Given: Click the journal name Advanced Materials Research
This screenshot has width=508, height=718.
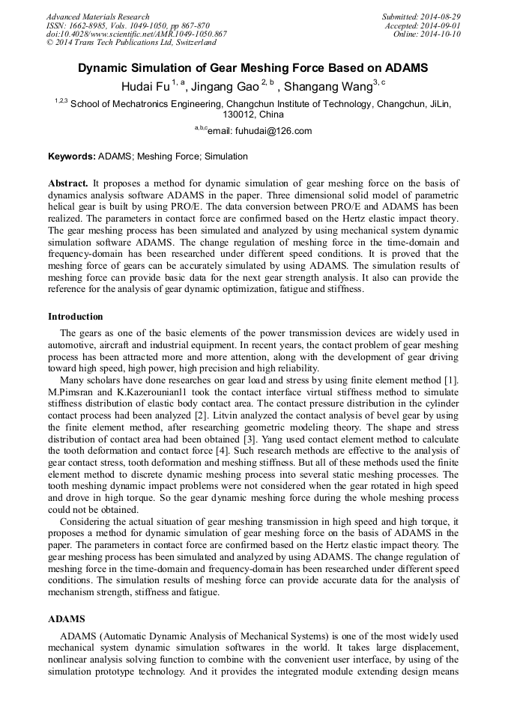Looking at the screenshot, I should point(98,16).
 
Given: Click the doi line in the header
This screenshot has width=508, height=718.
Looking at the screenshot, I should point(136,34).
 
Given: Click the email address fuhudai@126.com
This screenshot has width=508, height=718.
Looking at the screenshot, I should point(259,131).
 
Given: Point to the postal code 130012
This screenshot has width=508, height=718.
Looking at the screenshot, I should point(241,115).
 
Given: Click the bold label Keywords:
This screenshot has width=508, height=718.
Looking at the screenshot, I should point(72,156).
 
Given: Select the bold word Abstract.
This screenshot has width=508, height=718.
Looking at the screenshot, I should point(68,183).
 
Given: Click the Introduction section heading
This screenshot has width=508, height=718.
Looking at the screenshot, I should point(76,317).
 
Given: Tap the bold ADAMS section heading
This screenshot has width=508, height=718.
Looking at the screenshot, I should point(67,620).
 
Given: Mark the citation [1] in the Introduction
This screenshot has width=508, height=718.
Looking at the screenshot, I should point(451,380).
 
